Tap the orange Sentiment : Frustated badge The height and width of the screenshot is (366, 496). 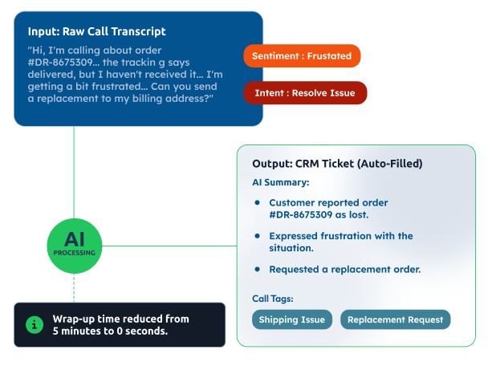302,56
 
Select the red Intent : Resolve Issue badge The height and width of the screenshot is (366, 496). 305,93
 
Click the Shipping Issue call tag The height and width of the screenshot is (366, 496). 292,319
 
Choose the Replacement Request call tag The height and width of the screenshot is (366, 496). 396,319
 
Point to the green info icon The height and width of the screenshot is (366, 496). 34,324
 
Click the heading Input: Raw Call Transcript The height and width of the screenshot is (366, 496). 96,32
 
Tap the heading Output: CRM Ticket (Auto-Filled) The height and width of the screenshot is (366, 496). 337,164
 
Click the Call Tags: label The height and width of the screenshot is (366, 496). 273,299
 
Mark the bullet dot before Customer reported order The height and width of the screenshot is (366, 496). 258,203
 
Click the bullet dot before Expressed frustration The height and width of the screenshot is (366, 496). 258,236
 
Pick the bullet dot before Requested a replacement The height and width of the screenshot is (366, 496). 258,269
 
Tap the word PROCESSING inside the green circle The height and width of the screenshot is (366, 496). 74,253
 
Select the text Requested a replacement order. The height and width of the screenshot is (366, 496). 345,269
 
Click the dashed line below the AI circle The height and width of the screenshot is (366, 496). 74,284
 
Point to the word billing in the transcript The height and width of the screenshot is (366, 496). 148,98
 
